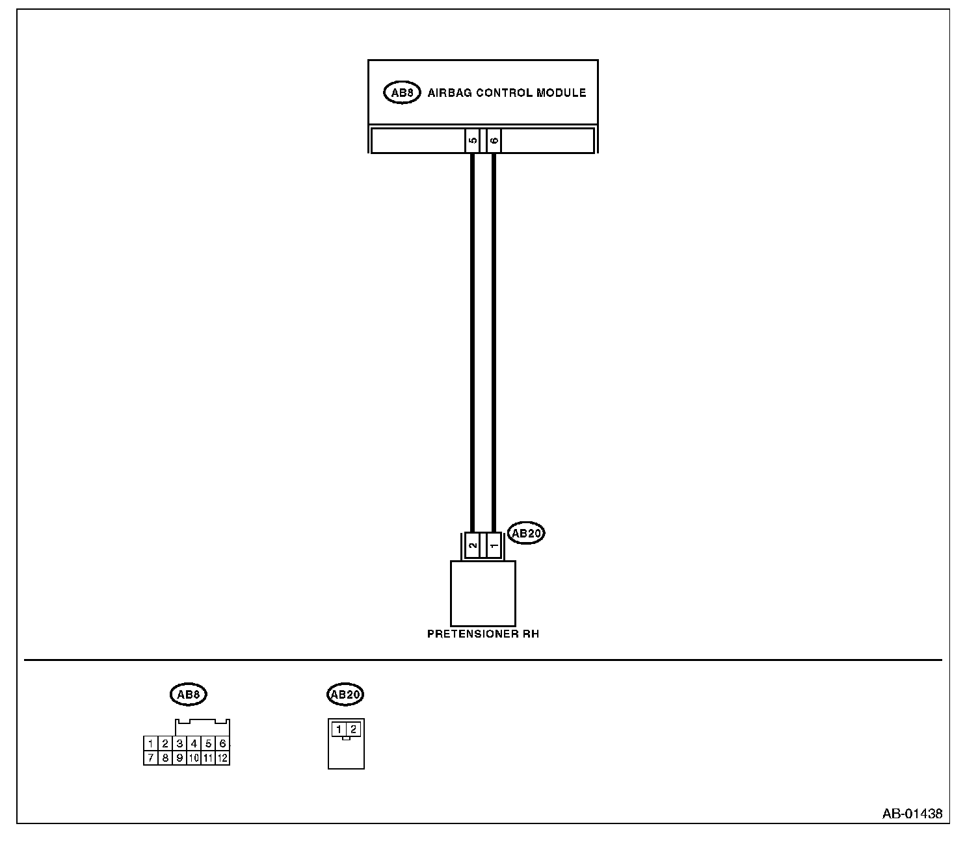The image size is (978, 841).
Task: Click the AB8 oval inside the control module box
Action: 401,93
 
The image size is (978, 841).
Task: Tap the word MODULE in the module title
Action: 561,93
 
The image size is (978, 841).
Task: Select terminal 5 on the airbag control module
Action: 473,140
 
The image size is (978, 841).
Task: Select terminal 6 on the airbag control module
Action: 494,140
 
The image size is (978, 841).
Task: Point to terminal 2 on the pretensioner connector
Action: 473,546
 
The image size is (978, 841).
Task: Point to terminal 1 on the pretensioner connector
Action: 494,546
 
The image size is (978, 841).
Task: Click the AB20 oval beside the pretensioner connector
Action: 525,534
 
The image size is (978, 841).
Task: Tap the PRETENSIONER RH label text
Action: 483,634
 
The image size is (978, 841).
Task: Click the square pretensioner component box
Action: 483,593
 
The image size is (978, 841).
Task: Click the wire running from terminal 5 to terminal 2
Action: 473,338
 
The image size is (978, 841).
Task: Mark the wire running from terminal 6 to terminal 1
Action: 494,338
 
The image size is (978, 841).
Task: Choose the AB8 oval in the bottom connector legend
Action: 188,694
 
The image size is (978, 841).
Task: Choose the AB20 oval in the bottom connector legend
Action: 345,694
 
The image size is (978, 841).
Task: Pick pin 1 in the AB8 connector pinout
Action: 150,744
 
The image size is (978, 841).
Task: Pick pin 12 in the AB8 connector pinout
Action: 222,758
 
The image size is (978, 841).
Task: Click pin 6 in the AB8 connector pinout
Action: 222,744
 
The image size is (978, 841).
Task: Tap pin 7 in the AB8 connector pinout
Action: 150,758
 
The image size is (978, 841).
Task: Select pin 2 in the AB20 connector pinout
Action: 353,729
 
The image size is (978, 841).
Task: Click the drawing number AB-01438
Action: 912,814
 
